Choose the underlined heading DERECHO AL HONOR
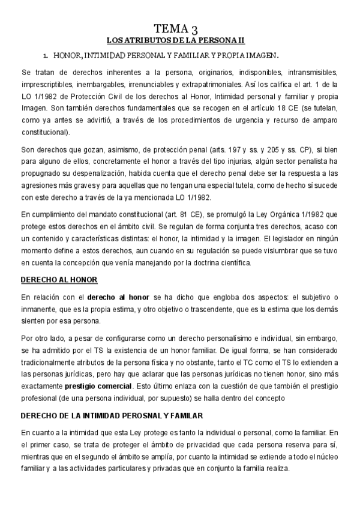[59, 280]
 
